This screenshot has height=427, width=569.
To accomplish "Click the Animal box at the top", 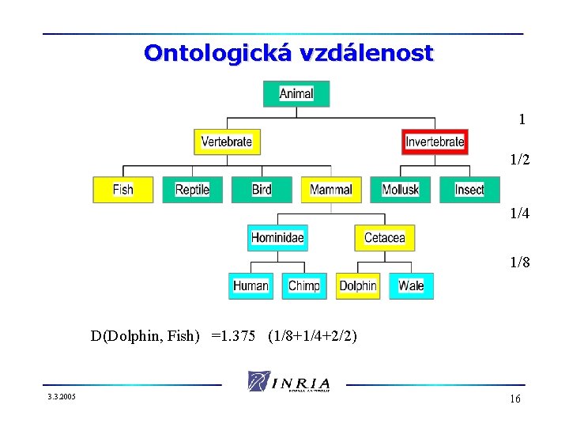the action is (296, 93).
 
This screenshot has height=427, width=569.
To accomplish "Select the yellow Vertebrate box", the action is (227, 142).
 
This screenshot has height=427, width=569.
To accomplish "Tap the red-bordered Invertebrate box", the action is (435, 142).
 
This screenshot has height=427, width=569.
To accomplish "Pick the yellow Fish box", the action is (123, 190).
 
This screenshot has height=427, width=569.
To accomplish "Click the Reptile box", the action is (193, 190).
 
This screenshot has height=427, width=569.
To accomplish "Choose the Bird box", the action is (262, 190).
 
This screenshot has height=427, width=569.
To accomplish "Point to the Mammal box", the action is (331, 190).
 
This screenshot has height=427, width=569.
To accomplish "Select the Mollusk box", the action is (401, 190).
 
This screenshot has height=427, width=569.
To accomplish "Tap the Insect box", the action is (469, 190).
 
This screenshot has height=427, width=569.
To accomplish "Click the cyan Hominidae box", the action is (277, 237).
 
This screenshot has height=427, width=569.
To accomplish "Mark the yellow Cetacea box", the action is (385, 237).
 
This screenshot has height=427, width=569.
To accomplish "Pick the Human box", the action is (251, 285).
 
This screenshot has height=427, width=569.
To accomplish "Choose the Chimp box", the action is (304, 285).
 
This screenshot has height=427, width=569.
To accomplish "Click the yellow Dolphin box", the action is (358, 285).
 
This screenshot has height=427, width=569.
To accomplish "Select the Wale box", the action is (412, 285).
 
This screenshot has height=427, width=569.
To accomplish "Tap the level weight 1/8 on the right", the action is (520, 263).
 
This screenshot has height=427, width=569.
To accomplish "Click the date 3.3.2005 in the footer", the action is (60, 395).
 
